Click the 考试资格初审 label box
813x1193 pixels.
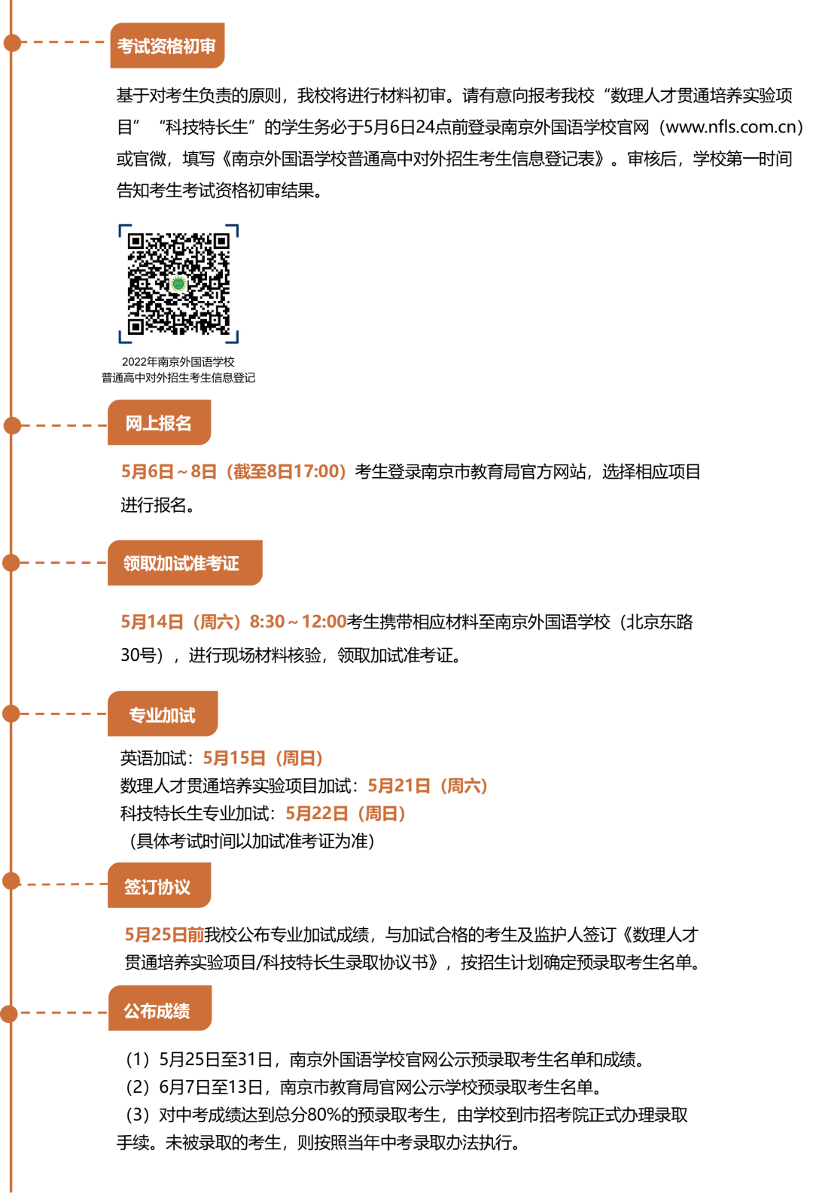pos(167,46)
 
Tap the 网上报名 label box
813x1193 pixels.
pos(159,423)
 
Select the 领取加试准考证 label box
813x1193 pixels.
pos(184,563)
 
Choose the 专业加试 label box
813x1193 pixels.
pos(163,714)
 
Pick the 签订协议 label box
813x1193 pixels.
pos(159,886)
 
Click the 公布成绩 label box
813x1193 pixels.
pos(159,1009)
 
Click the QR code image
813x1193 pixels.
pos(178,283)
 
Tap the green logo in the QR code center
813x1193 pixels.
pos(178,284)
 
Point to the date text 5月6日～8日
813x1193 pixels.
pos(169,472)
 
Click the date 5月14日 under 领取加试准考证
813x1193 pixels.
pos(152,622)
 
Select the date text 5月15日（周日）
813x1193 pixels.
pos(263,758)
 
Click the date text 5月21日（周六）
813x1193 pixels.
pos(428,786)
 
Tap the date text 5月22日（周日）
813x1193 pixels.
pos(346,814)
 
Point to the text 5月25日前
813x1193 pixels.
pos(164,935)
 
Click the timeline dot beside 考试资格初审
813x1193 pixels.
pos(12,43)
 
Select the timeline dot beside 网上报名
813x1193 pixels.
pos(12,425)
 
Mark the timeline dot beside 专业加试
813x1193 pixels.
pos(11,713)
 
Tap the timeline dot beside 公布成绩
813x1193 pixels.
pos(10,1013)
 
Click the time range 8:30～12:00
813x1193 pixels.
pos(298,622)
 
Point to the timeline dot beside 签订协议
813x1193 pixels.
pos(11,881)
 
